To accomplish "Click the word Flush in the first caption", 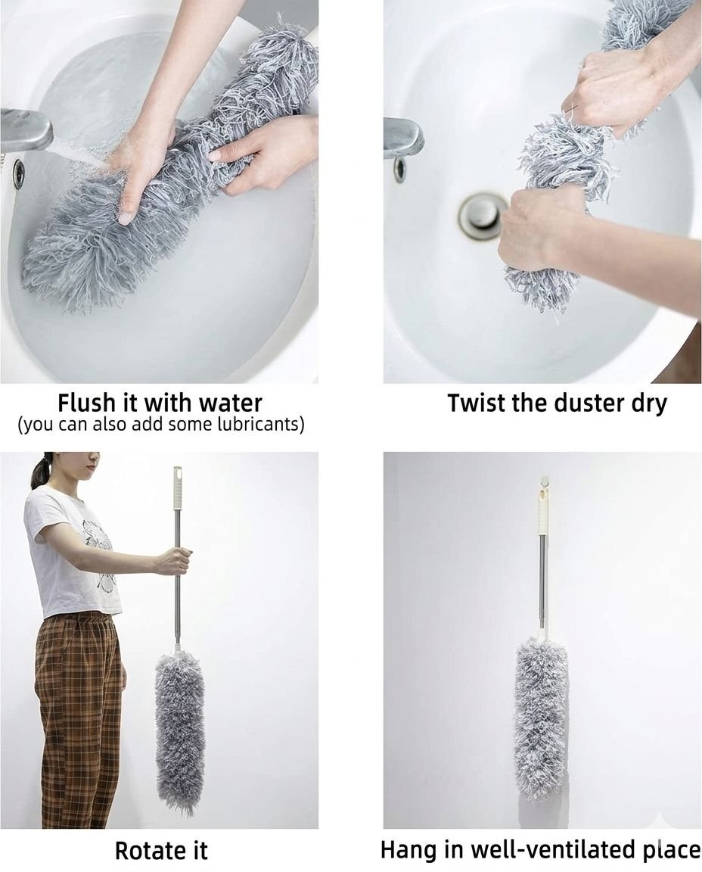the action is tap(85, 403).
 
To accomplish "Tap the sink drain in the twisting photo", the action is tap(479, 215).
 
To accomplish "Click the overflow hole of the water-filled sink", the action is tap(18, 170).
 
